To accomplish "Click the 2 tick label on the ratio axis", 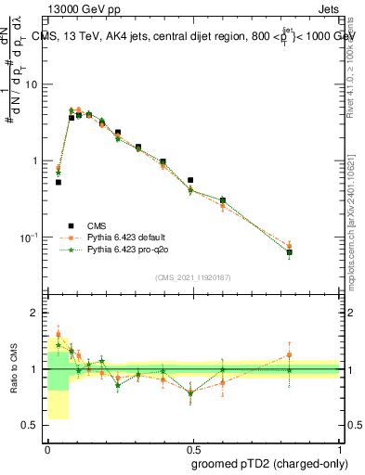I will [33, 314].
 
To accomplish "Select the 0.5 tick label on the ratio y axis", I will [30, 425].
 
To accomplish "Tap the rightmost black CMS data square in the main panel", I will [290, 252].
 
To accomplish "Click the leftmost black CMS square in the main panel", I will [59, 182].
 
